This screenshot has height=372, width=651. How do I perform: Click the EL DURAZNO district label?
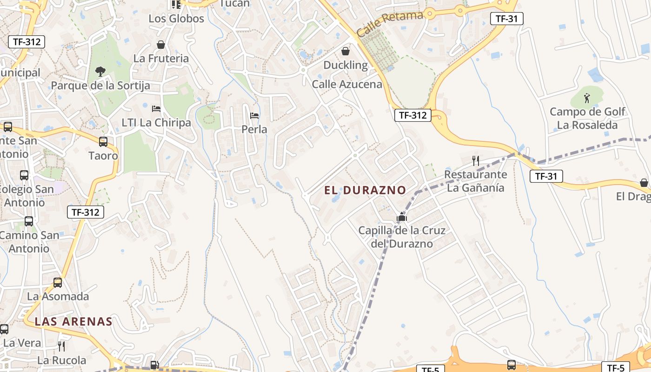(365, 190)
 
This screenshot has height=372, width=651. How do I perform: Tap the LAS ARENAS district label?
(73, 321)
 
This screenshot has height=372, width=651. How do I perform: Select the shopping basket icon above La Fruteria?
(161, 45)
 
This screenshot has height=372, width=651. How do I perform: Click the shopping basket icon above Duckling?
(345, 51)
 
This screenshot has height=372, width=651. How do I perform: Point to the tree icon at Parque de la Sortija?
(100, 71)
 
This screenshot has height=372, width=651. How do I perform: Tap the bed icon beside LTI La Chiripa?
(156, 109)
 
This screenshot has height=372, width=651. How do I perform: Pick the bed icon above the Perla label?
(254, 115)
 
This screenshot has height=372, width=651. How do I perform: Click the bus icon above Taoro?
(103, 142)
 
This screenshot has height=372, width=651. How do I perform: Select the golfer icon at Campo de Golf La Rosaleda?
(587, 98)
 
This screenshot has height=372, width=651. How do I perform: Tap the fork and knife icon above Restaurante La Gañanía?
(475, 161)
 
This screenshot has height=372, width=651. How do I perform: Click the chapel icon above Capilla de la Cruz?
(402, 217)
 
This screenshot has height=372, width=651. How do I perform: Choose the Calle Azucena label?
(347, 84)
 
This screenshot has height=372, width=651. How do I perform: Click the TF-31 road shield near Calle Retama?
(507, 19)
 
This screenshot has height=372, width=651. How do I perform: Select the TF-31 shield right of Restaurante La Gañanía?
(546, 176)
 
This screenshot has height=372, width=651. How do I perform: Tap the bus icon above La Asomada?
(58, 282)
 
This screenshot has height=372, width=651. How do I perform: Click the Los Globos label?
(176, 19)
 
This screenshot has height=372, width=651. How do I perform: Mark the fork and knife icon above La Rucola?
(61, 346)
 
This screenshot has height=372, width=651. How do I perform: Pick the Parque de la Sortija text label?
(100, 86)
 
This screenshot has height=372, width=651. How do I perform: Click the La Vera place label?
(22, 343)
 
